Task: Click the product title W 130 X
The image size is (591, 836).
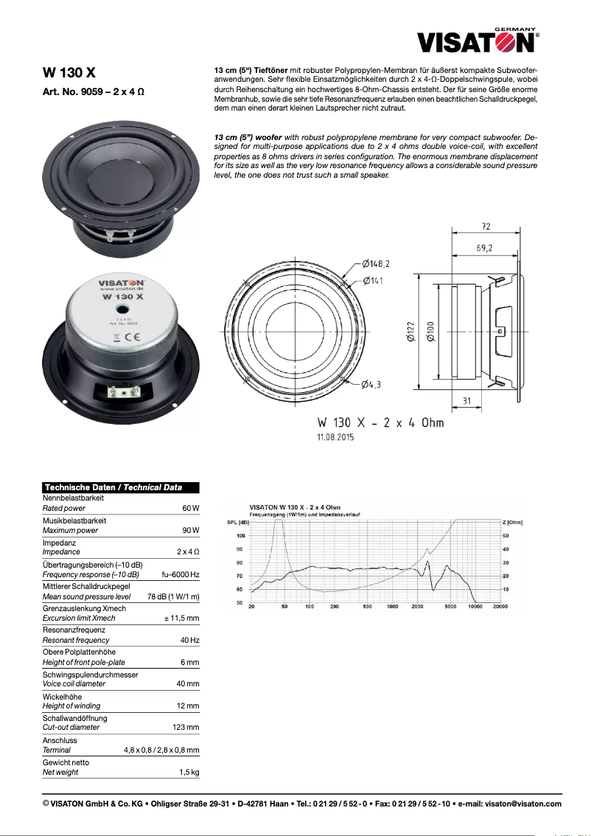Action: point(69,73)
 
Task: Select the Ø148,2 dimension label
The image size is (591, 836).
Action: point(376,263)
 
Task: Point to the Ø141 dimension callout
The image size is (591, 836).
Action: point(372,281)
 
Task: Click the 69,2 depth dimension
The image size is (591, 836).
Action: point(484,248)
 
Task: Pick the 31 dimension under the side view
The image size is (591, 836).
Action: point(466,400)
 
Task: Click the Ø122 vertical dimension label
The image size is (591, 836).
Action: point(410,332)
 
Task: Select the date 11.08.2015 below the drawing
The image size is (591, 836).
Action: point(336,437)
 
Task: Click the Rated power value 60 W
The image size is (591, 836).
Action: point(191,509)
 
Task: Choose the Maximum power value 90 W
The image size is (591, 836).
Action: point(191,530)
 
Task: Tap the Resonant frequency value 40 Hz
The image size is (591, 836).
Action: point(189,640)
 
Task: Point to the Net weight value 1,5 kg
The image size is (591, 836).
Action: point(189,772)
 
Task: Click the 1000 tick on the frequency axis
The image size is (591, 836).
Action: point(392,607)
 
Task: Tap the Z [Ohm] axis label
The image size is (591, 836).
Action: point(513,522)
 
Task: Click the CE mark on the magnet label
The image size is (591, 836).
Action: point(127,337)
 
